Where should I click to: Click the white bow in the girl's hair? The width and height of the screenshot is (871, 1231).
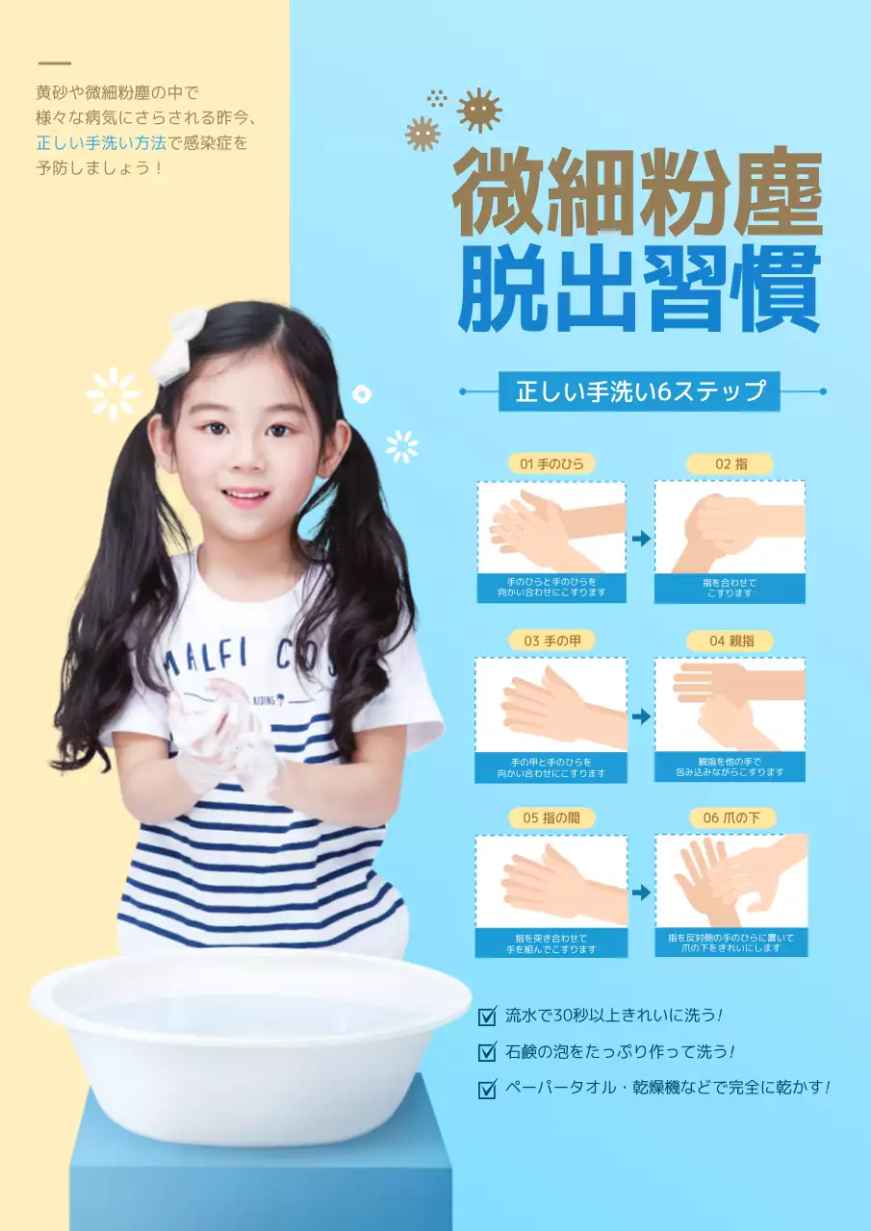(x=181, y=346)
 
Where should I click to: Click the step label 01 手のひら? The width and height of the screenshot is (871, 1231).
(x=551, y=464)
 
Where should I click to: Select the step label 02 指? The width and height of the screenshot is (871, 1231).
(x=730, y=464)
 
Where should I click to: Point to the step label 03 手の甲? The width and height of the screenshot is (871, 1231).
(x=551, y=641)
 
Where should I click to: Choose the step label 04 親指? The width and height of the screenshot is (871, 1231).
(x=730, y=641)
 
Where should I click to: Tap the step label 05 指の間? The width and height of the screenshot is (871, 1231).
(x=551, y=817)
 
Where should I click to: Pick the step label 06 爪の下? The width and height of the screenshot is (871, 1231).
(x=730, y=817)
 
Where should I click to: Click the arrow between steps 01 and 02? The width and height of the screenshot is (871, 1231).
(x=640, y=540)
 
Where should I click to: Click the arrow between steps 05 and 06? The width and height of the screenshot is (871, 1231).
(x=640, y=893)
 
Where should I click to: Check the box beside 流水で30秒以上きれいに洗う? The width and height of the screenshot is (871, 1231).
(x=487, y=1016)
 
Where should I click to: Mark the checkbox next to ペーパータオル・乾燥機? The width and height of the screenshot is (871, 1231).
(x=487, y=1089)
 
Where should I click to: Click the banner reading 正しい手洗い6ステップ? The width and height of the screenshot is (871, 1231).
(x=640, y=392)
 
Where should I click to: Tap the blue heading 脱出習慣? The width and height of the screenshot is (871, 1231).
(x=639, y=289)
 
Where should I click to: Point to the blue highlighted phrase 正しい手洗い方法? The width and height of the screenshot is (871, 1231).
(x=101, y=143)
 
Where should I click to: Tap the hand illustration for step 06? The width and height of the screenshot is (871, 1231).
(x=730, y=880)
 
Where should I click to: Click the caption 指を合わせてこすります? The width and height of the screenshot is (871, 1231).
(x=730, y=588)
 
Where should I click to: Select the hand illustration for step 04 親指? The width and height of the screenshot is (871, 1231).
(x=730, y=704)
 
